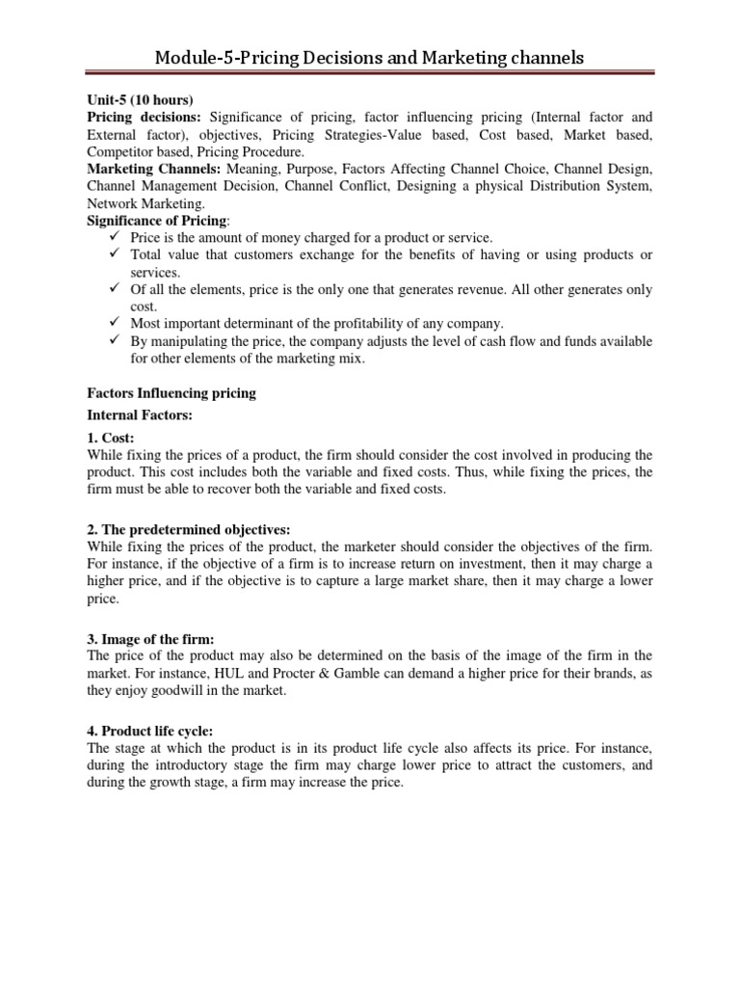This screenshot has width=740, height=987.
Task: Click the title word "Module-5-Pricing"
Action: [219, 59]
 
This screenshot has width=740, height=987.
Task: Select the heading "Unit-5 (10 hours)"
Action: [141, 100]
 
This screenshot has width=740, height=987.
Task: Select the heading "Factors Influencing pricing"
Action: [171, 393]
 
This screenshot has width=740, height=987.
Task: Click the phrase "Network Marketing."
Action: [145, 203]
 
